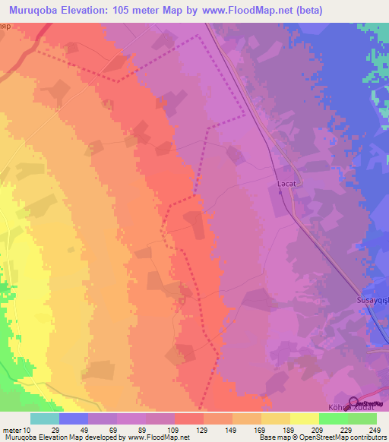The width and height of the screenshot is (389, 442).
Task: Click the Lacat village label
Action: (284, 184)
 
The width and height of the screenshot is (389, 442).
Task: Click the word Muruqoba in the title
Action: (36, 11)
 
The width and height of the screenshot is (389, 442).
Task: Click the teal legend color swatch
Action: (44, 418)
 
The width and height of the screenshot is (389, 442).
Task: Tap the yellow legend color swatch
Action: (305, 418)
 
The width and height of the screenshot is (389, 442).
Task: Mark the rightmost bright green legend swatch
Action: (362, 418)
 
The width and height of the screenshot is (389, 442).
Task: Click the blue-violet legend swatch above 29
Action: (73, 418)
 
